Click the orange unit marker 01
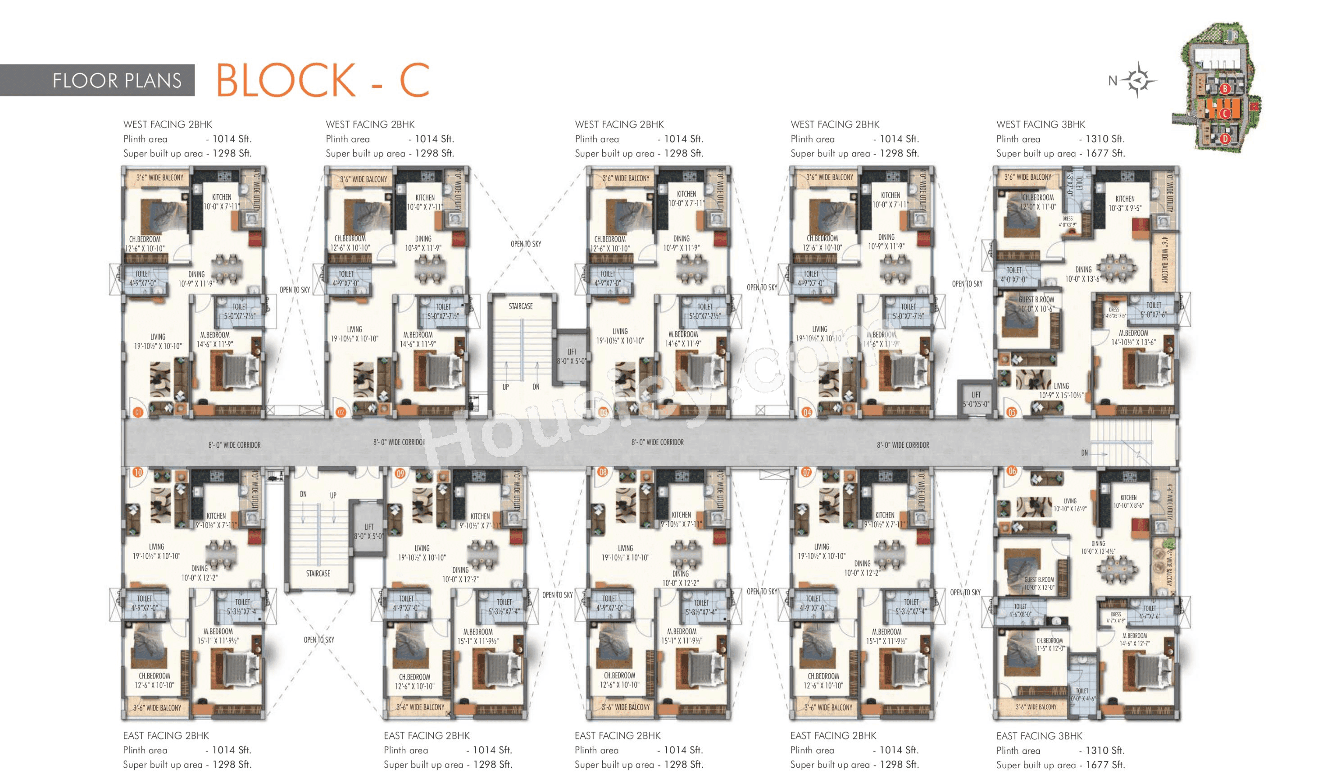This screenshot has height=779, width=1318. point(138,413)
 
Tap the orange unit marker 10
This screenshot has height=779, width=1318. point(138,472)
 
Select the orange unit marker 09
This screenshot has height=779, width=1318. point(400,474)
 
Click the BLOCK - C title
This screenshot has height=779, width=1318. point(322,80)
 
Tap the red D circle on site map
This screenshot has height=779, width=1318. point(1225,139)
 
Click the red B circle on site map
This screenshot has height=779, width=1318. point(1225,89)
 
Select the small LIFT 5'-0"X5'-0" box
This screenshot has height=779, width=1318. point(976,399)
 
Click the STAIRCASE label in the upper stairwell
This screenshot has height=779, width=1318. point(520,306)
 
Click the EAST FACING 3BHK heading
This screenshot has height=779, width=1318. point(1039,736)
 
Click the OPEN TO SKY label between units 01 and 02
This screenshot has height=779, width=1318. point(294,290)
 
